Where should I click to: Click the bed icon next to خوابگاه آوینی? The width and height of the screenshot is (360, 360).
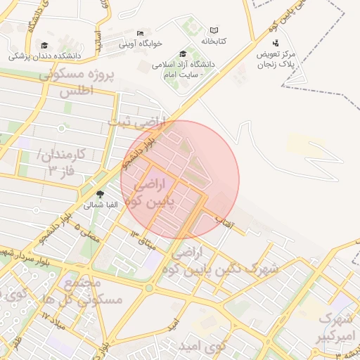click(x=140, y=33)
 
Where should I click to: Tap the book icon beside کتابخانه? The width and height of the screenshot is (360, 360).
click(x=214, y=31)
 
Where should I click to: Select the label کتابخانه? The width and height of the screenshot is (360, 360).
click(x=214, y=41)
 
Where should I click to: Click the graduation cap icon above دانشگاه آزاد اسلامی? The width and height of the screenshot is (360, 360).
click(x=184, y=54)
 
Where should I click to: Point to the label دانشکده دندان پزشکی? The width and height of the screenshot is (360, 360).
click(x=45, y=55)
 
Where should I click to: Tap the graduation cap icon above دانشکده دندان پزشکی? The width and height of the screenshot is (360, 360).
click(x=44, y=46)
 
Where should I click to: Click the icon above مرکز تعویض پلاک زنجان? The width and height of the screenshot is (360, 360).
click(x=274, y=44)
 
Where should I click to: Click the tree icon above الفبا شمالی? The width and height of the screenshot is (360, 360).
click(x=100, y=195)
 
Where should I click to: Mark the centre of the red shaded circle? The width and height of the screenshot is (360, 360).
click(x=180, y=179)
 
